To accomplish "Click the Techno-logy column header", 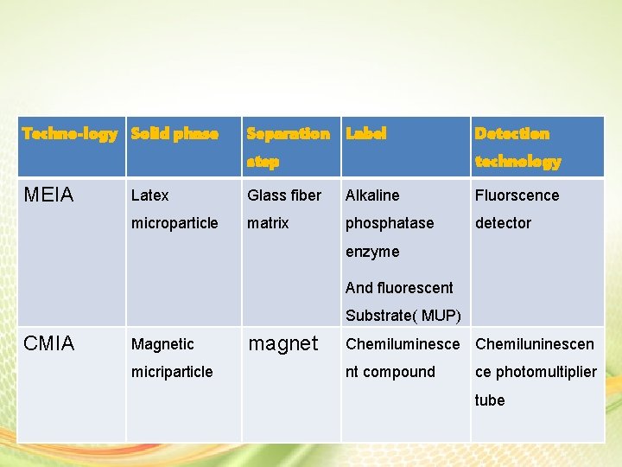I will [69, 134].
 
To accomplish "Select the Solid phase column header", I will [175, 134].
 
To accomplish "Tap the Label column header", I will [365, 134].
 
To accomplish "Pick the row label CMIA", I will [49, 344].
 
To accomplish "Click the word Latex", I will [149, 195].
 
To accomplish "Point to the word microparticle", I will [175, 223].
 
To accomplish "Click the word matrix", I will [268, 223].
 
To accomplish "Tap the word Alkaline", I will [372, 195].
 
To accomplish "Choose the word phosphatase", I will [390, 223].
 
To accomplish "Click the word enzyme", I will [372, 252].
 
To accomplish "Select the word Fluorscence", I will [517, 195].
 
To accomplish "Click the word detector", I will [503, 223].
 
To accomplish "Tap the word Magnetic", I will [162, 344].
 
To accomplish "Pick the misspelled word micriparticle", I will [172, 372].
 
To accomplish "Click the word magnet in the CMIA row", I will [283, 344].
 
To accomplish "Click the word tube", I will [489, 400].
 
